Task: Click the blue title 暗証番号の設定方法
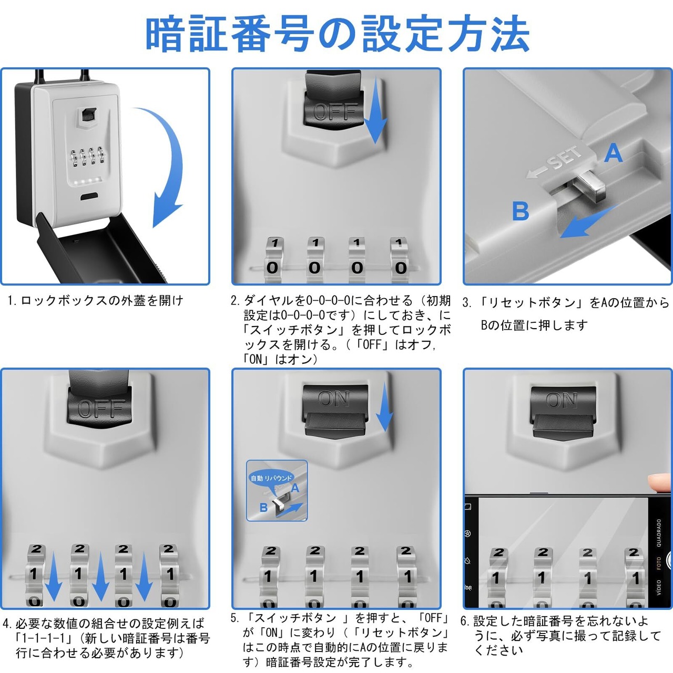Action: [x=336, y=35]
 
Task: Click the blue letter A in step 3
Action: [x=613, y=154]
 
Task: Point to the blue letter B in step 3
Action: [x=521, y=211]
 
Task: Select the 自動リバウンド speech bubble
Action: [x=271, y=478]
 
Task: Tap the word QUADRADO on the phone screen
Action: [x=659, y=533]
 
